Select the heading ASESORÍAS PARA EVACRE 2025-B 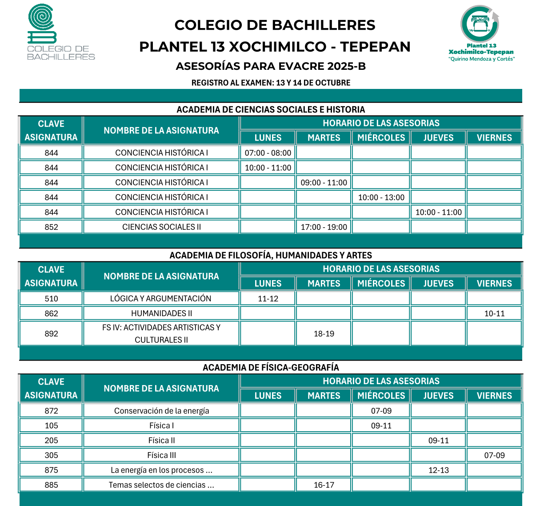point(271,66)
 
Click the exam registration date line point(271,83)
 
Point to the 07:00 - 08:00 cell point(268,153)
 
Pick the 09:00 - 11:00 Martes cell point(324,182)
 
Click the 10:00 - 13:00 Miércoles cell point(381,197)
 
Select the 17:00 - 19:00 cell point(324,227)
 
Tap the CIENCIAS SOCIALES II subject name point(161,227)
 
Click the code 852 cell point(51,227)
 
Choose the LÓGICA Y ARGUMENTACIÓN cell point(161,299)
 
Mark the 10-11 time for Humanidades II point(494,313)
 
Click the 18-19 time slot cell point(324,333)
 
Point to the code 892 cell point(51,333)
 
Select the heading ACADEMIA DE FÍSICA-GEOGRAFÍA point(271,367)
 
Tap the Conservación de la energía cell point(161,411)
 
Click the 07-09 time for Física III point(494,455)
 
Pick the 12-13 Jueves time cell point(438,470)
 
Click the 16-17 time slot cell point(324,485)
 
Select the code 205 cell point(51,441)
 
